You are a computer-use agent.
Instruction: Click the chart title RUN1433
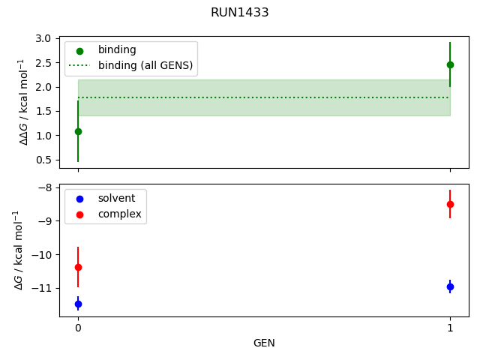(x=240, y=13)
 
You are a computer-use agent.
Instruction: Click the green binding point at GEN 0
(x=78, y=131)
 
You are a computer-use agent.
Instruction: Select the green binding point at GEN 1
(x=450, y=64)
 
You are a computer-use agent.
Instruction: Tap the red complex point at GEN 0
(x=78, y=267)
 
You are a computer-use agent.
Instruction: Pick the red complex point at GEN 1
(x=450, y=204)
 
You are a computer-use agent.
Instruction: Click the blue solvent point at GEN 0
(x=78, y=304)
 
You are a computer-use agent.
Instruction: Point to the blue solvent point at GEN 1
(x=450, y=286)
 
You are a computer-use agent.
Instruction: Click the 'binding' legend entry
(x=117, y=50)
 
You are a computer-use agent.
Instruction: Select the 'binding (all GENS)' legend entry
(x=145, y=65)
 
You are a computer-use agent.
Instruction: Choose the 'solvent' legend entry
(x=116, y=199)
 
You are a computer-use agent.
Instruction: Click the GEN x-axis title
(x=264, y=343)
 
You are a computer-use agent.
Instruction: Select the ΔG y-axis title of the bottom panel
(x=19, y=250)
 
